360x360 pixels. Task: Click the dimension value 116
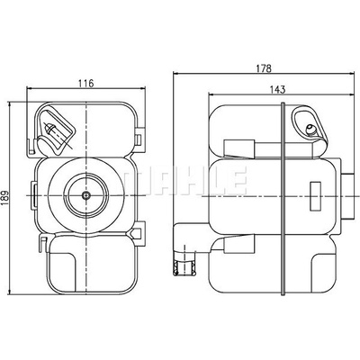pos(86,83)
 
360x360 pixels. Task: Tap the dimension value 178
pos(264,68)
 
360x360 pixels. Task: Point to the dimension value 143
pos(278,89)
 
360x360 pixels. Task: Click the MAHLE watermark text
pos(186,181)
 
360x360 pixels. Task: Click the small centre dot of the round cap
pos(86,195)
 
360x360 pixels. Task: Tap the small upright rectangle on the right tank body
pos(315,195)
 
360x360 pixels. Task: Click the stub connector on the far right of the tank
pos(347,195)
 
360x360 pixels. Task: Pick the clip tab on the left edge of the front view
pos(34,195)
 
